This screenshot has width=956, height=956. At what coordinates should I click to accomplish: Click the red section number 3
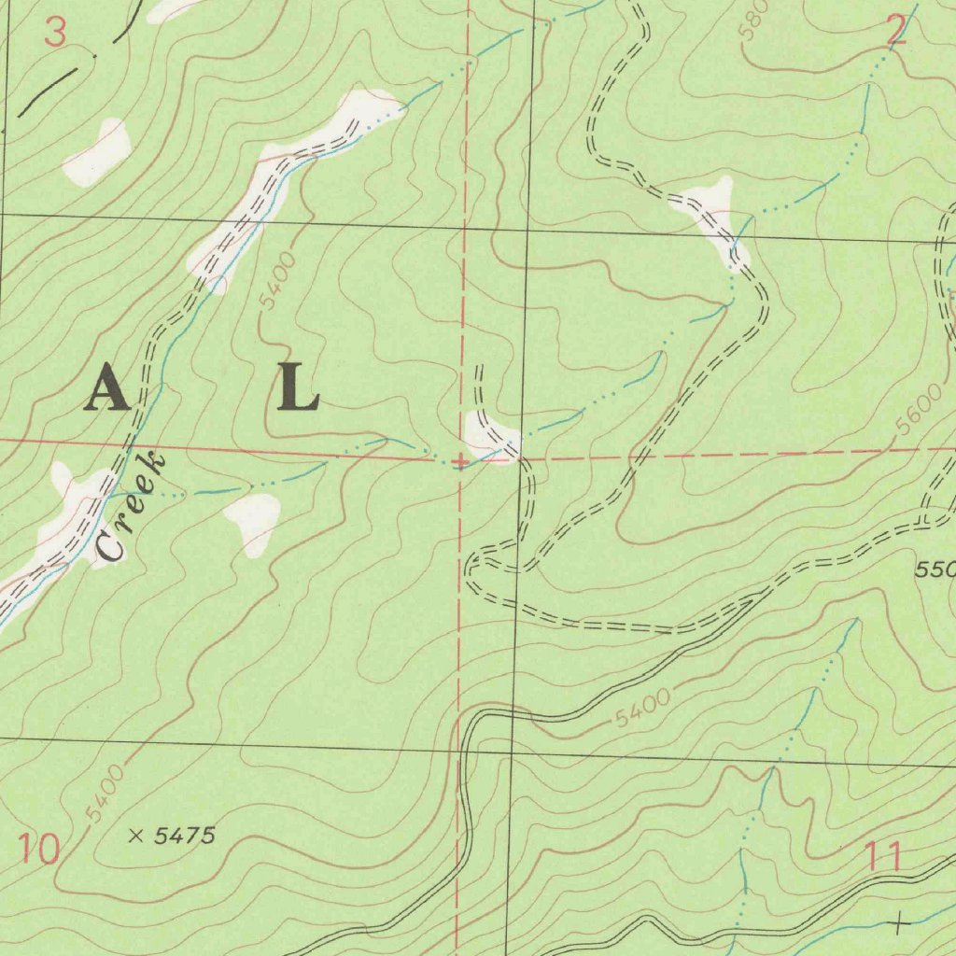[56, 34]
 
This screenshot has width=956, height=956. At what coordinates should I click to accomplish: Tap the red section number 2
[896, 33]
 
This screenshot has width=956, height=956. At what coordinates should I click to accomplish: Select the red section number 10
[40, 850]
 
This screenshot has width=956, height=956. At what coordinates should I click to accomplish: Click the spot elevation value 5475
[185, 836]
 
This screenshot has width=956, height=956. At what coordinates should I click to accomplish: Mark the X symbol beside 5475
[135, 836]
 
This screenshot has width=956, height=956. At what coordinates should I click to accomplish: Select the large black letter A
[107, 389]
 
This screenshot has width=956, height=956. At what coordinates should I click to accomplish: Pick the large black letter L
[299, 389]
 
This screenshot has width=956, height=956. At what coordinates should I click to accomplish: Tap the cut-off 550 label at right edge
[935, 569]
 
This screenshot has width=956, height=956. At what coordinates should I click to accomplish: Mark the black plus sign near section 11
[898, 923]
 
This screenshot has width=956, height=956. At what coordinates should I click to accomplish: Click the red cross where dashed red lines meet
[459, 461]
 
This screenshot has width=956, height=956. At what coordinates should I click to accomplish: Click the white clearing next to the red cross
[489, 436]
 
